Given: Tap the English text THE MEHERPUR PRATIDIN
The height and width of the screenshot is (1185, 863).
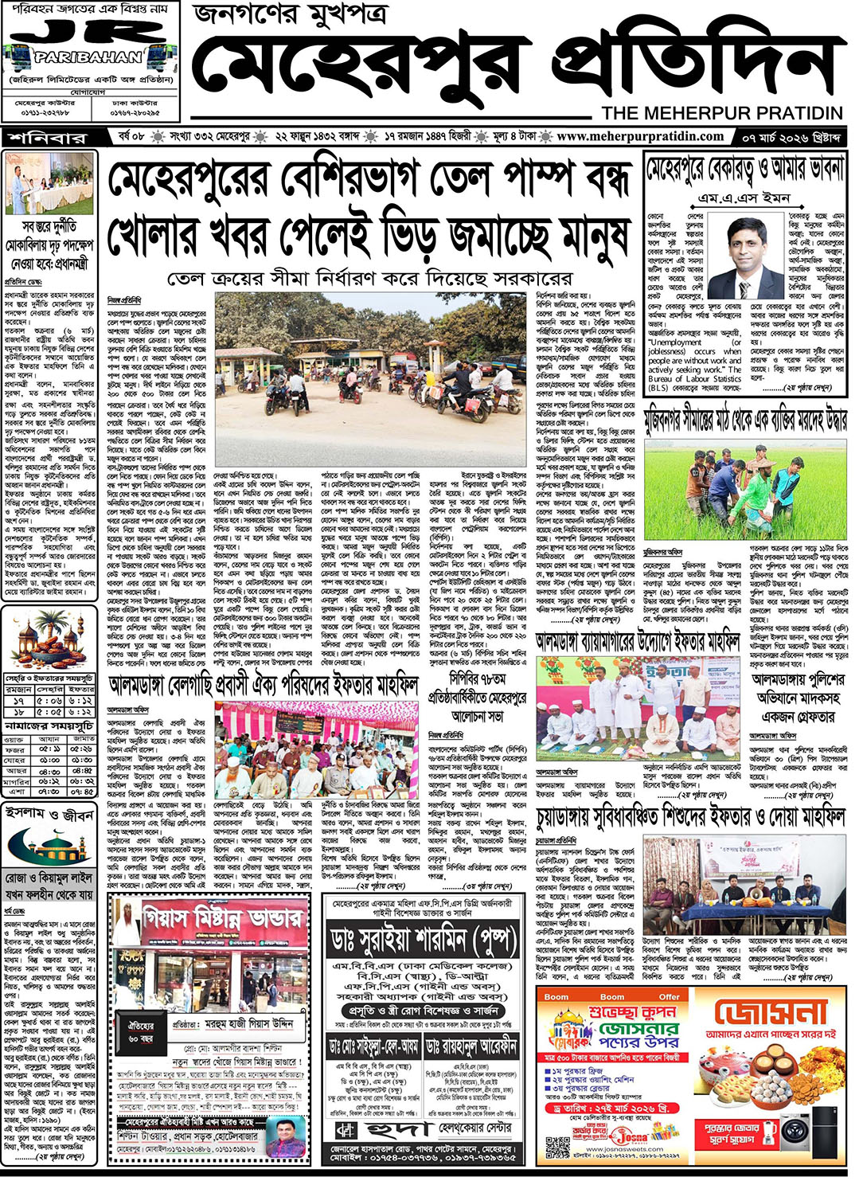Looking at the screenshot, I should click(x=722, y=113).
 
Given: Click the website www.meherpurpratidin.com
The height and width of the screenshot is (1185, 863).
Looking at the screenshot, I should click(x=640, y=136).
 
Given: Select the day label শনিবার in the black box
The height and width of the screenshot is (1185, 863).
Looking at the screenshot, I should click(x=49, y=138).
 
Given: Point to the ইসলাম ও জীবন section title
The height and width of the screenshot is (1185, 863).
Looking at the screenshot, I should click(x=50, y=815).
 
